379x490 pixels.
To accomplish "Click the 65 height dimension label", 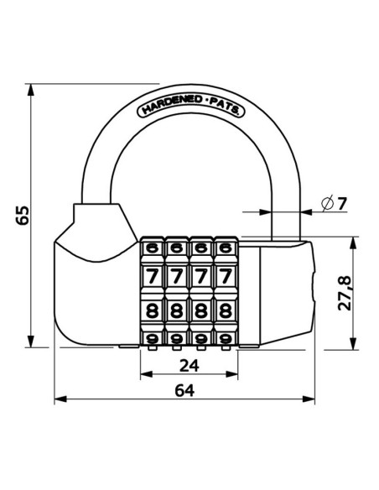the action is pos(23,215).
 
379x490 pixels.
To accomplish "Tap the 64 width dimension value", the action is pos(184,391).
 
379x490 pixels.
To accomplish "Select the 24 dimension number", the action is pos(189,366).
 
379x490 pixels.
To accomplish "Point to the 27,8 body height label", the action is pos(345,293).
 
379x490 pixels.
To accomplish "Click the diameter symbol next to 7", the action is pos(328,203).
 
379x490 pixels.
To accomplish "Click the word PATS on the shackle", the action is pos(225,107).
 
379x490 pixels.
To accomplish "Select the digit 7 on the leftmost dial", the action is pos(152,276).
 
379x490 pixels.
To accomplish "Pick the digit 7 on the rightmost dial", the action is pos(226,276).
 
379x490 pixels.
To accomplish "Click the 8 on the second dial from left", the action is pos(177,310).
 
